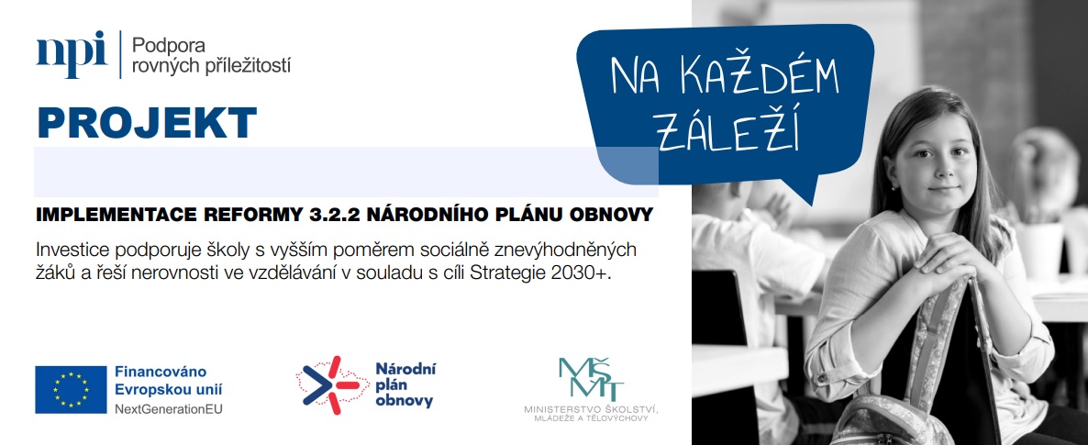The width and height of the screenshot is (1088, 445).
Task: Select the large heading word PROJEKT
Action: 147,123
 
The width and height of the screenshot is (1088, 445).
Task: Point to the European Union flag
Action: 71,389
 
